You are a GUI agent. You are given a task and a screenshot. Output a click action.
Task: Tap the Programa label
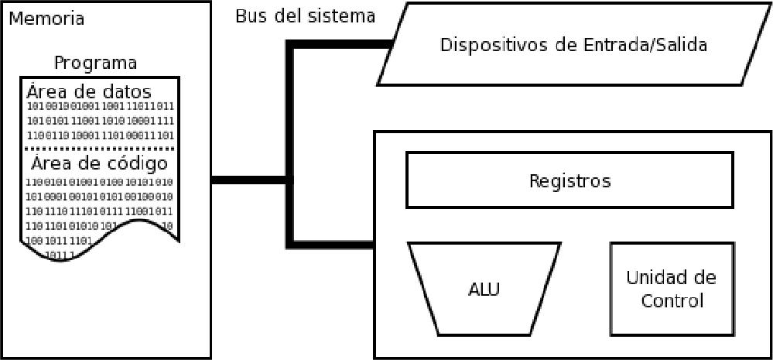[x=96, y=63]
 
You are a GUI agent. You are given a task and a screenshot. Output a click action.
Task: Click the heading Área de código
[x=99, y=163]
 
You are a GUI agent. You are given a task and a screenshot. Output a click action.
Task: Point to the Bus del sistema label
[x=305, y=15]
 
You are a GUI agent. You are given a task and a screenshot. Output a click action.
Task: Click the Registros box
[x=569, y=180]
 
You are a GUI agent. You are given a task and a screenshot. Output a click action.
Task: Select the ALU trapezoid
[x=484, y=290]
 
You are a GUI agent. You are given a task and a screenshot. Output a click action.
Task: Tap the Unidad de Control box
[x=672, y=289]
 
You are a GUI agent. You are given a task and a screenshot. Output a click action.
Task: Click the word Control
[x=672, y=300]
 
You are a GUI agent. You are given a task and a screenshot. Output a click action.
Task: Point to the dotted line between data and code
[x=101, y=147]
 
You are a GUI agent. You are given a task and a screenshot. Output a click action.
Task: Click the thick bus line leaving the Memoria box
[x=248, y=181]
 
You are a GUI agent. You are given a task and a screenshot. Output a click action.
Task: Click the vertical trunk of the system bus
[x=290, y=139]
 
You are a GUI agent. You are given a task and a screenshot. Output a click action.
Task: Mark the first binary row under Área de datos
[x=101, y=105]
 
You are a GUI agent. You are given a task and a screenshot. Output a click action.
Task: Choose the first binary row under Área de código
[x=101, y=181]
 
